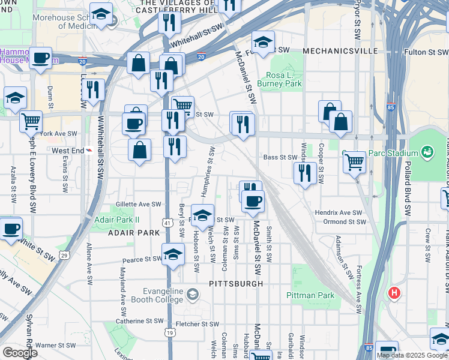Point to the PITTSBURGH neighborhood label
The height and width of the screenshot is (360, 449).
coord(237,283)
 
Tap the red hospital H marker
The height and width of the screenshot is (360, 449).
coord(394,293)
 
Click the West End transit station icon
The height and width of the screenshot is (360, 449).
coord(89,151)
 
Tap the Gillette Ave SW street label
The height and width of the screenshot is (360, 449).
coord(139,205)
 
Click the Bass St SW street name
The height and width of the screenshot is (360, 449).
coord(280,157)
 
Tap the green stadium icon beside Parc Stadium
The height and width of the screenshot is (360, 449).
coord(427,151)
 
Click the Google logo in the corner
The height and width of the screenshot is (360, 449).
coord(20,353)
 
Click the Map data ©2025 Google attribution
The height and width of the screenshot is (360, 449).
coord(411,355)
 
